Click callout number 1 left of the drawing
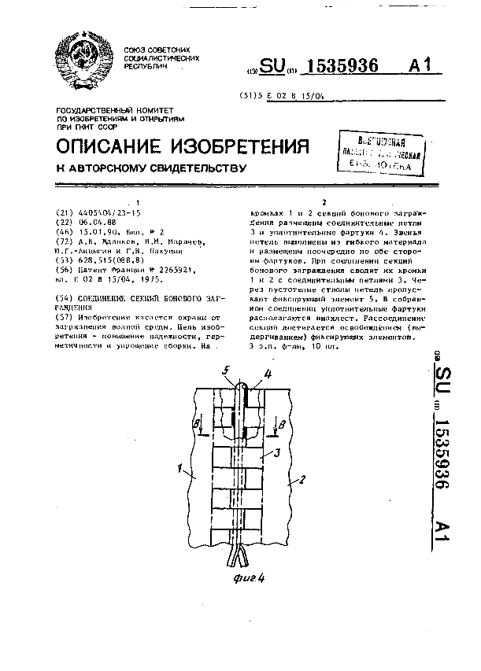(x=181, y=471)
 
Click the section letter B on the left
(x=196, y=422)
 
